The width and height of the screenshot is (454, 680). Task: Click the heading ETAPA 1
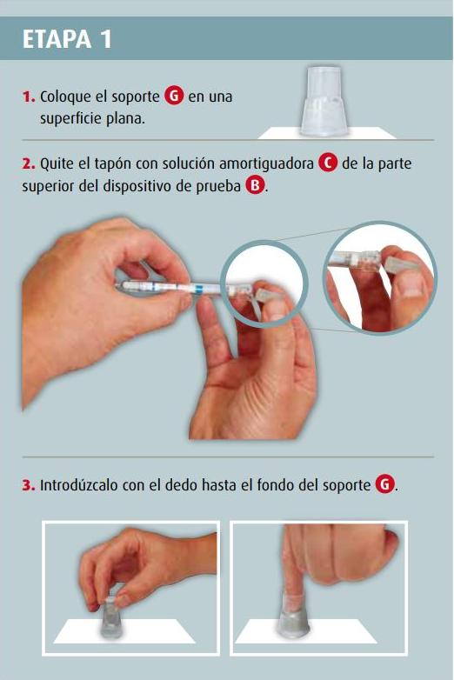(67, 39)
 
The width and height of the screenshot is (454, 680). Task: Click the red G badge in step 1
(174, 96)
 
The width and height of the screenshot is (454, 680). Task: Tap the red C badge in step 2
(328, 163)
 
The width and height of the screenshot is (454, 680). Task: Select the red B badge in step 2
(255, 185)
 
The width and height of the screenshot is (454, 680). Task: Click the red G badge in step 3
(384, 484)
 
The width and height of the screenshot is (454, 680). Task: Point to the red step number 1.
(29, 97)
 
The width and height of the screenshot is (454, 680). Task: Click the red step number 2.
(29, 163)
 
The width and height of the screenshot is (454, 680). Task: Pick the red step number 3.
(29, 485)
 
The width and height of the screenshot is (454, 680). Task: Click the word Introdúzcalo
(79, 485)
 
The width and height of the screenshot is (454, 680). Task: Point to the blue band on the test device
(197, 289)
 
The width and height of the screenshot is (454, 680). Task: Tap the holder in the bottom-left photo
(110, 617)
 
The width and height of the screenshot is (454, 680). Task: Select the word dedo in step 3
(181, 485)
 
